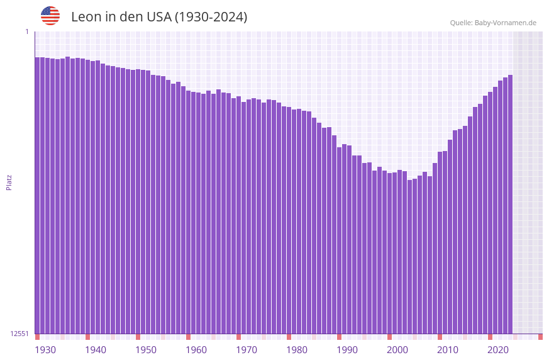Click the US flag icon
click(50, 16)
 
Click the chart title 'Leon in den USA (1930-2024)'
click(159, 17)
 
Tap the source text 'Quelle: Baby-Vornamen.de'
click(493, 23)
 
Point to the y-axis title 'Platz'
click(9, 183)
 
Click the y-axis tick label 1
click(26, 31)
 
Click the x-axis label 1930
click(45, 350)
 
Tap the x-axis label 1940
click(96, 350)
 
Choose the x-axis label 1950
click(146, 350)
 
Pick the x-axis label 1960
click(196, 350)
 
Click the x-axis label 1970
click(247, 350)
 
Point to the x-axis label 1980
click(297, 350)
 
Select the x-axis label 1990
click(347, 350)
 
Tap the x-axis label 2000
click(397, 350)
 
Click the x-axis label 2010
click(448, 350)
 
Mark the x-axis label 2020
click(498, 350)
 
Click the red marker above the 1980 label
click(289, 337)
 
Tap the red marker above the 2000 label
click(389, 337)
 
